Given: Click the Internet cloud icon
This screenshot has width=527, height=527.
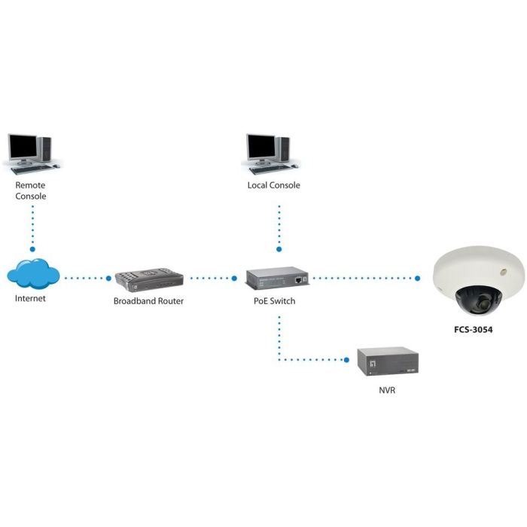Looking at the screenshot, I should click(x=33, y=274).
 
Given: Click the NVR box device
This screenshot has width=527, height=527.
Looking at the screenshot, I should click(x=387, y=362).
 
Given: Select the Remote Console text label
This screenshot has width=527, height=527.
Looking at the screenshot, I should click(x=31, y=190).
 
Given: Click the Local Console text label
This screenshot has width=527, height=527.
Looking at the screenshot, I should click(x=274, y=185).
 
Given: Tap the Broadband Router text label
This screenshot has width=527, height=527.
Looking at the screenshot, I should click(x=148, y=301).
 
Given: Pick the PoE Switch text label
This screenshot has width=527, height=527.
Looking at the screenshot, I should click(x=273, y=301).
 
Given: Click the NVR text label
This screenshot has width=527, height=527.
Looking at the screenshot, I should click(x=387, y=391).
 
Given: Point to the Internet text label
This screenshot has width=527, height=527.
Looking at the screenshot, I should click(x=31, y=298).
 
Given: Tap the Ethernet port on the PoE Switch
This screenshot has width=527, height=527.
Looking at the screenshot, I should click(x=300, y=279).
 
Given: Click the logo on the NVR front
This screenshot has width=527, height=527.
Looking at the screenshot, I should click(x=374, y=360).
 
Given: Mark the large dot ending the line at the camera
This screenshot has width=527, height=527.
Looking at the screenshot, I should click(x=417, y=278).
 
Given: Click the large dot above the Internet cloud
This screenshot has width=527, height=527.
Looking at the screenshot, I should click(x=32, y=248).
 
